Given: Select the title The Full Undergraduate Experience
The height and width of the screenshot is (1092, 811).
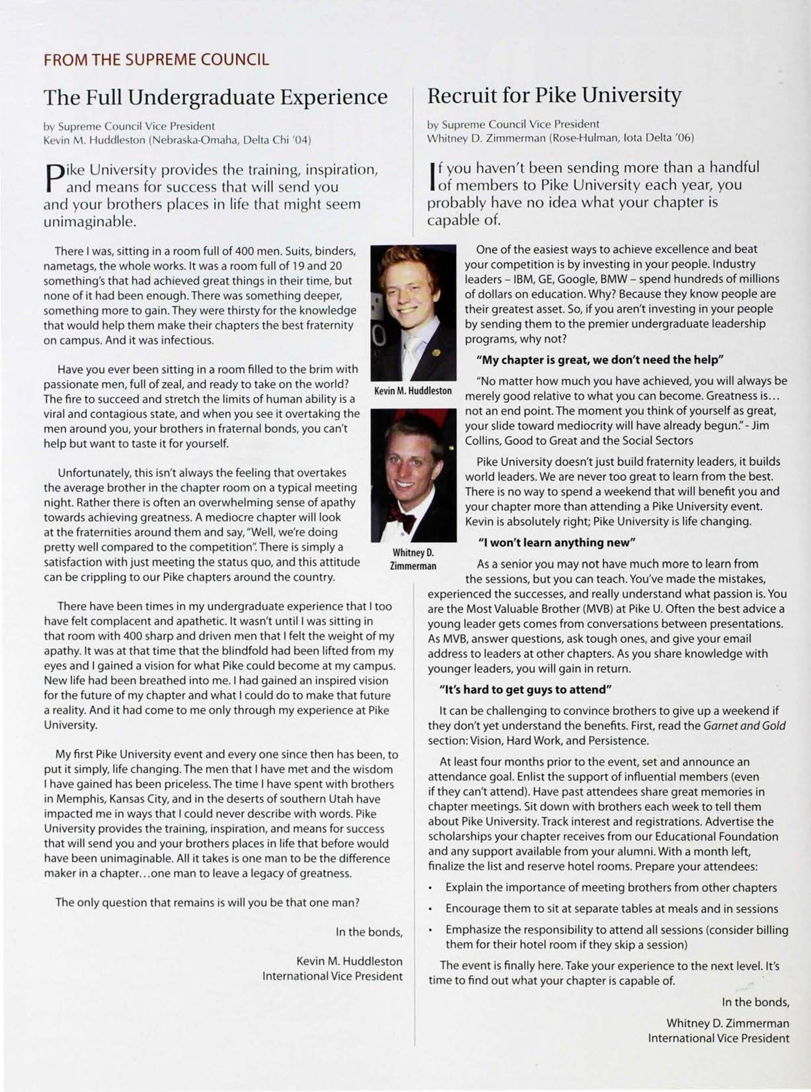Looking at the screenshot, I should [215, 97].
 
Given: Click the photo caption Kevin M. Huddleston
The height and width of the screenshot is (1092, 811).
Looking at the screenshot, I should [413, 391].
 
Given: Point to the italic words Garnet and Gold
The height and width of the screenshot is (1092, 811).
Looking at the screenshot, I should [744, 725].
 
